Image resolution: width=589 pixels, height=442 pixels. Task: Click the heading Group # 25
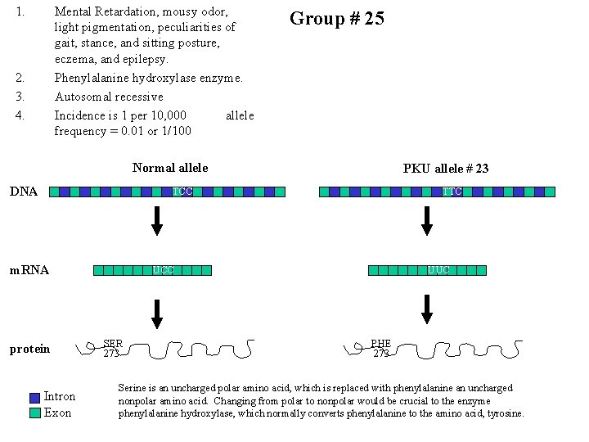(x=337, y=19)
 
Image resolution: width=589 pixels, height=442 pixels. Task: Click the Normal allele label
(x=170, y=168)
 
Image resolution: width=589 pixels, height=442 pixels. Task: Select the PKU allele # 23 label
(x=446, y=169)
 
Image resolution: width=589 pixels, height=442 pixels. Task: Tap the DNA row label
(x=23, y=192)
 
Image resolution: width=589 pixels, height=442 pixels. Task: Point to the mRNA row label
(x=29, y=270)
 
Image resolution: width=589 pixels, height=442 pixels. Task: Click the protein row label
(x=29, y=350)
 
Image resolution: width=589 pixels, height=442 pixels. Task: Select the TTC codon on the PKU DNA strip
(x=452, y=192)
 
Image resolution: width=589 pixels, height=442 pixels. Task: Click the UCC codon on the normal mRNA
(x=163, y=270)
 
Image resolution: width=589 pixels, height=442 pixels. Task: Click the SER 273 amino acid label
(x=112, y=348)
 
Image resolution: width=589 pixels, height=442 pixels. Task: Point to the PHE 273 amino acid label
(x=381, y=348)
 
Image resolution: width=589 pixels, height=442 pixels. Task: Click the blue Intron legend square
(x=34, y=398)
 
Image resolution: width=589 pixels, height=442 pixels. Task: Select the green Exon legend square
(x=34, y=413)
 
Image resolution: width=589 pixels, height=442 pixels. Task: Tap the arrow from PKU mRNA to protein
(x=426, y=309)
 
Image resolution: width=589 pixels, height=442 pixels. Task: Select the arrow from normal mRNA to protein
(x=157, y=313)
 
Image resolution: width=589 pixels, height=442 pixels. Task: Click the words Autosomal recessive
(x=109, y=97)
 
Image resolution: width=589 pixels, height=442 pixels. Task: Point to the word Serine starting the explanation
(x=133, y=388)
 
